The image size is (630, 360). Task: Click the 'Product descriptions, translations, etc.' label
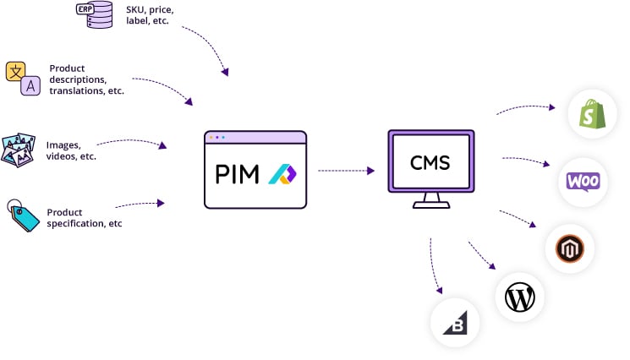[86, 79]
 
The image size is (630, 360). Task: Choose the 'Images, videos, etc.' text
[71, 150]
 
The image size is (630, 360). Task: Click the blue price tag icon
[22, 215]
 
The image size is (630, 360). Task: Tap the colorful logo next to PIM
[281, 175]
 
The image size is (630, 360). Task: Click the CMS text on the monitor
[430, 163]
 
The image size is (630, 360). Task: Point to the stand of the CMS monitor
[431, 201]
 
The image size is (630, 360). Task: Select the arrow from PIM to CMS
[346, 171]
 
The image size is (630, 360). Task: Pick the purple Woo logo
[583, 182]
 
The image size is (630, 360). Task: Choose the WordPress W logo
[520, 297]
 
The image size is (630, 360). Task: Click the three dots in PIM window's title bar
[217, 137]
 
